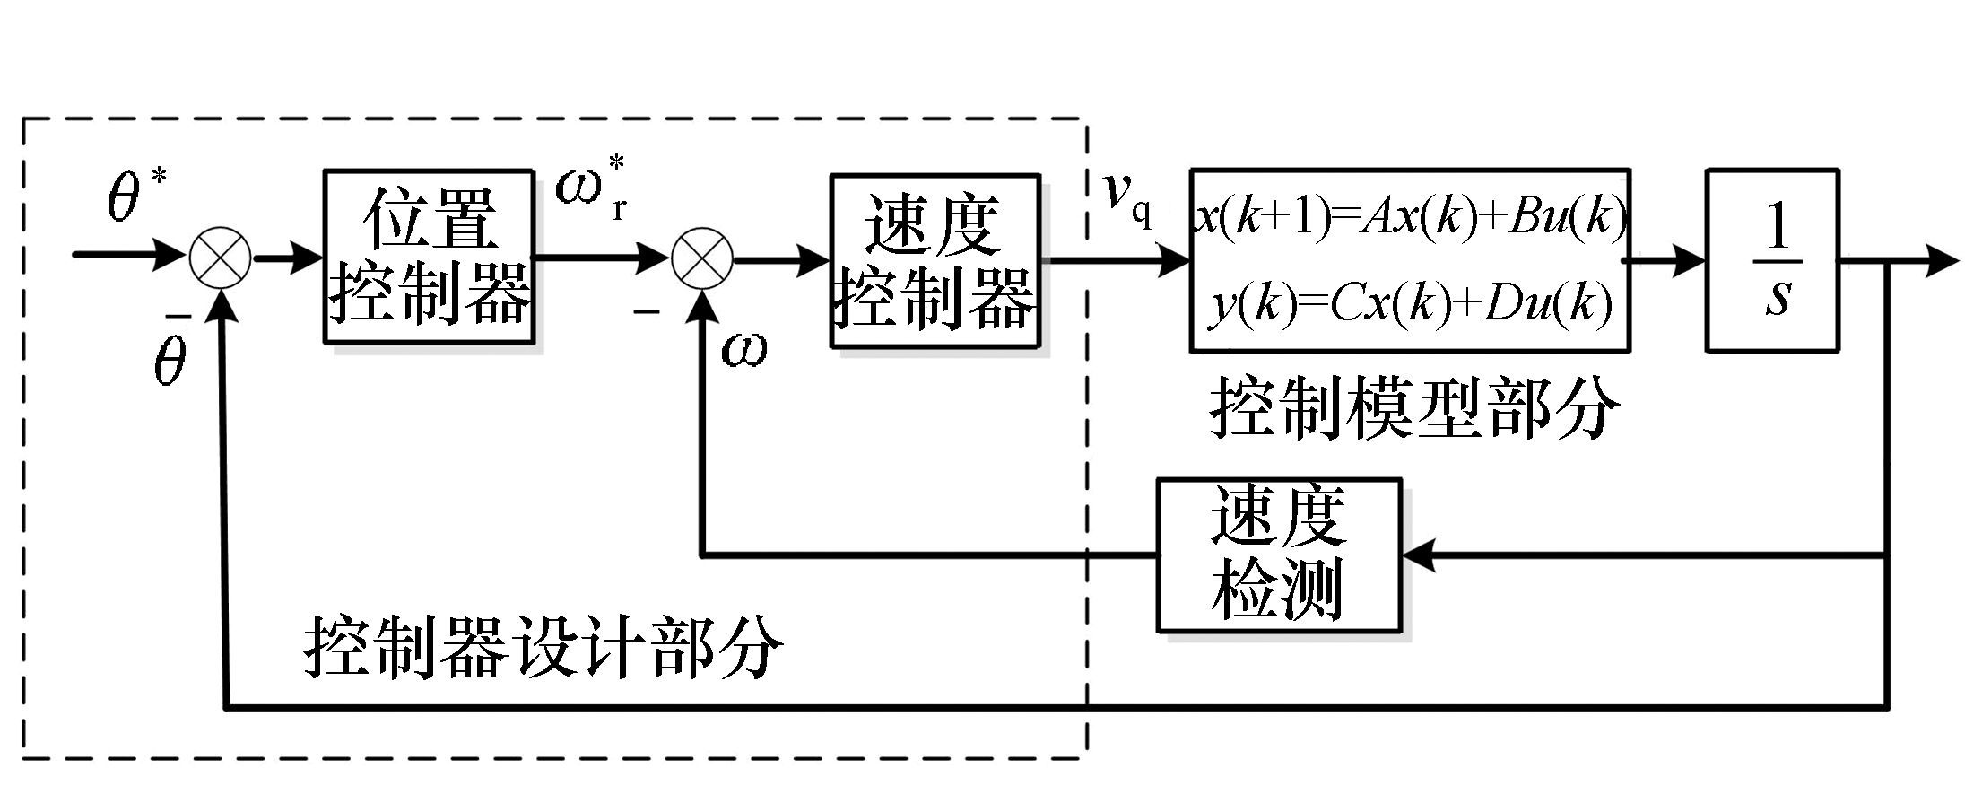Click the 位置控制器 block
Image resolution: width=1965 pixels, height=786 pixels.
429,257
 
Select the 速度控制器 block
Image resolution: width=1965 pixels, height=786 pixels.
935,260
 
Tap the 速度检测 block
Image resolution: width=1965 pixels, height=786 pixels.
1278,555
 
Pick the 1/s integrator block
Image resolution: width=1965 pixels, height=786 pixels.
1771,260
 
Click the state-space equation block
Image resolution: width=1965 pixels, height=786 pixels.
1410,260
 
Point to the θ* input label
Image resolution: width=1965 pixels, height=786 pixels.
135,194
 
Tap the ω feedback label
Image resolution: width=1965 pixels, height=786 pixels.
744,350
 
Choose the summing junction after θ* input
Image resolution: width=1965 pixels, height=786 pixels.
221,258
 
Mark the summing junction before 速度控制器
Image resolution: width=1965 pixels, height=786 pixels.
702,259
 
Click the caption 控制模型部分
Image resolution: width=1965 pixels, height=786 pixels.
1414,408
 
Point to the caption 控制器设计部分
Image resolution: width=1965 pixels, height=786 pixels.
543,647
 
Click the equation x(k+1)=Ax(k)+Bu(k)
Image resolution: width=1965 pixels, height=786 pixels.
1410,217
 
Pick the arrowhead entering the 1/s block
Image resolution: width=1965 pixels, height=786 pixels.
1690,261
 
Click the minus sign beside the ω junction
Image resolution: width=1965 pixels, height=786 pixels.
646,312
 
